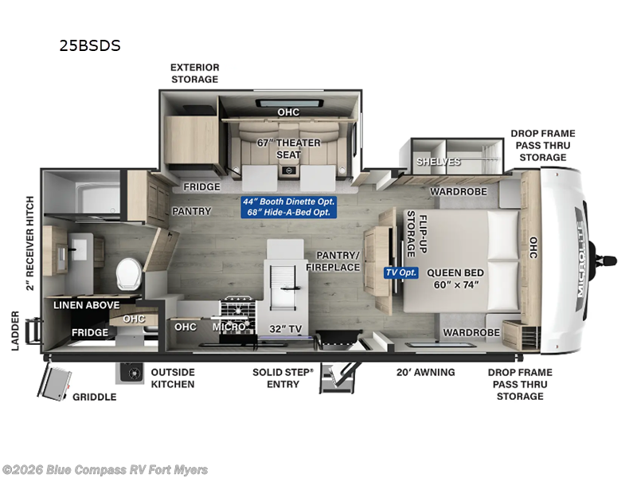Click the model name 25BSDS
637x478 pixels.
[90, 45]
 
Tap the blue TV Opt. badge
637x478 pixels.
[401, 272]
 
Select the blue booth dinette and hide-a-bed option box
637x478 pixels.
[289, 207]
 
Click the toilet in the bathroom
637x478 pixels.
[129, 273]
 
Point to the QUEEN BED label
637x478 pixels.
[455, 272]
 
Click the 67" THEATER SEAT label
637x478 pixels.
[288, 149]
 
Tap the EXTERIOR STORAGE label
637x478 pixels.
[194, 73]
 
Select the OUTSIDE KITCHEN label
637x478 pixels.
[173, 378]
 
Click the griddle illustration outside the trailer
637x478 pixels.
[54, 383]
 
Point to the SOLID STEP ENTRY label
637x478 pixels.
[283, 378]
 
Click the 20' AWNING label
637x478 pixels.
[425, 372]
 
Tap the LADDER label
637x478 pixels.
[15, 331]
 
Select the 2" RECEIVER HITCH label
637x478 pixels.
[29, 243]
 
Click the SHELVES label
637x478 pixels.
[439, 162]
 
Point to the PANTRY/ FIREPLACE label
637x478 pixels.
[333, 261]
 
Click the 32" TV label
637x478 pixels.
[286, 328]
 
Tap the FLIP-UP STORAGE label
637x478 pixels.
[416, 234]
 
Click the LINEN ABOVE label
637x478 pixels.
[87, 305]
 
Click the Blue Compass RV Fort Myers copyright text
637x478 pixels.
[105, 470]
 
